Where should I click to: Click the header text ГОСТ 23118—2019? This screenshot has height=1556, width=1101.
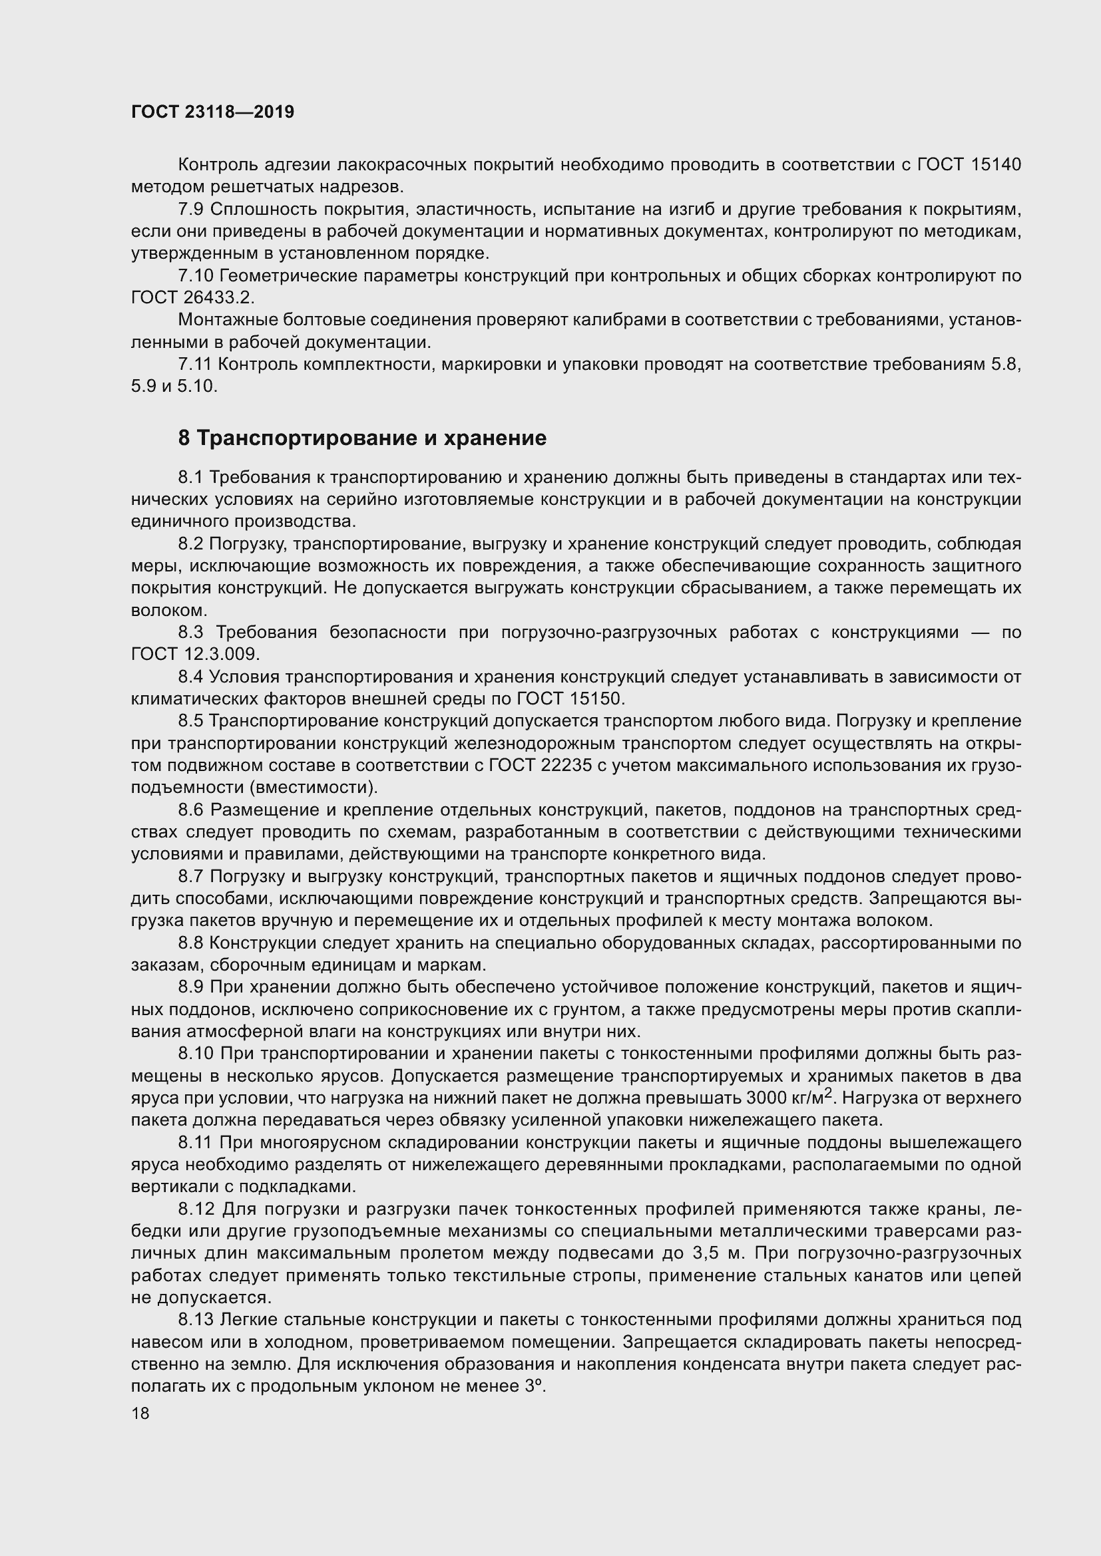pyautogui.click(x=212, y=112)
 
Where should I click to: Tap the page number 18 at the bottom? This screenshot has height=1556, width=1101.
pyautogui.click(x=140, y=1414)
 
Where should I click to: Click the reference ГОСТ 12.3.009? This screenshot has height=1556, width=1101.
pyautogui.click(x=195, y=654)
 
